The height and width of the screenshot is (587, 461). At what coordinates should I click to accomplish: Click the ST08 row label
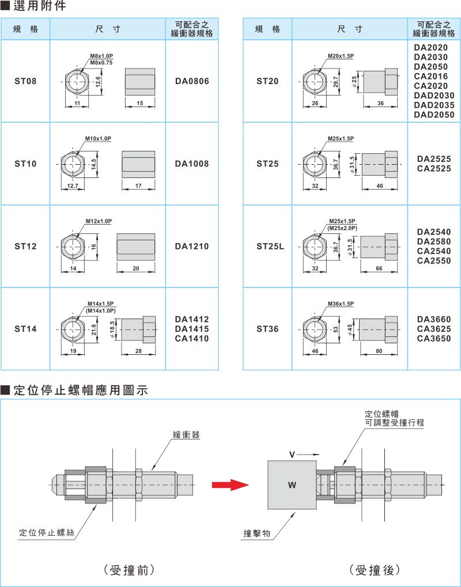(x=25, y=81)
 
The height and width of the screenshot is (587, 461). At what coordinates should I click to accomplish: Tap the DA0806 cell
(x=192, y=81)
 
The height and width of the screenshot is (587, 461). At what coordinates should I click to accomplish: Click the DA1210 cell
(x=192, y=247)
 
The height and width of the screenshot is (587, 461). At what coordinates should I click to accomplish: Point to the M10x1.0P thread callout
(x=98, y=139)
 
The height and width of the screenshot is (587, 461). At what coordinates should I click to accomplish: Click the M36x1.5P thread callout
(x=340, y=304)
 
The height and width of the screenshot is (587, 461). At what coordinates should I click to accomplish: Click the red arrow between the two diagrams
(x=229, y=485)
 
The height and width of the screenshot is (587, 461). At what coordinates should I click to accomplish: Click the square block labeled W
(x=292, y=484)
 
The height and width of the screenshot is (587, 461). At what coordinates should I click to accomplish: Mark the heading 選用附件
(x=37, y=7)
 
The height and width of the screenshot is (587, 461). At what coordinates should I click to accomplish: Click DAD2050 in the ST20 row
(x=434, y=115)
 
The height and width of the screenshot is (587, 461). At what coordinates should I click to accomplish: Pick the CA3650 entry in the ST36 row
(x=434, y=339)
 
